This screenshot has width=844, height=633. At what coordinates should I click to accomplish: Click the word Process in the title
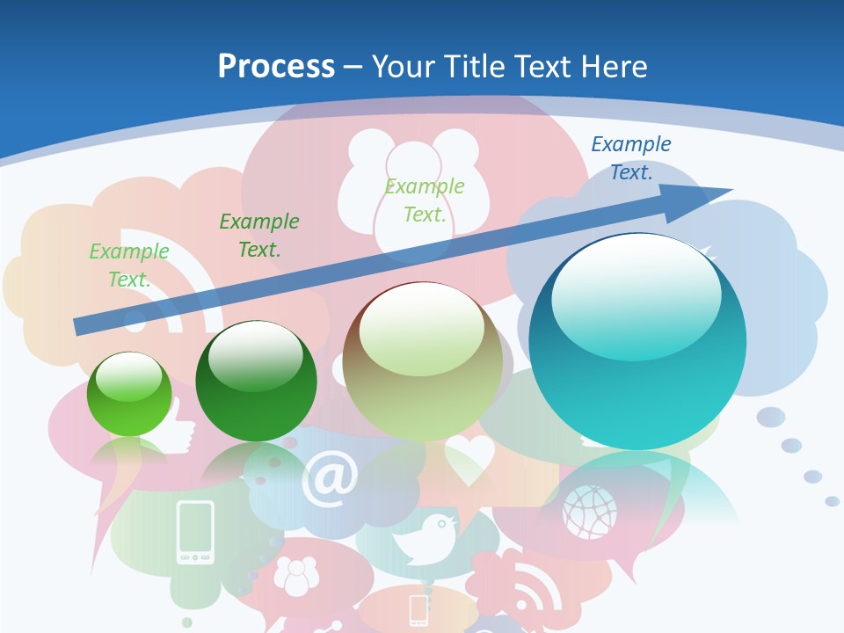276,66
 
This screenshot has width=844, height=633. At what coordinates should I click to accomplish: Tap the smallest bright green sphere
129,394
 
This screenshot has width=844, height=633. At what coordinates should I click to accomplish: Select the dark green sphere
256,382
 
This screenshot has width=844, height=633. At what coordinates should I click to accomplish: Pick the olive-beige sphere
423,360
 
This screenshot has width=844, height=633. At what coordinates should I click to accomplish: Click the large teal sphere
637,341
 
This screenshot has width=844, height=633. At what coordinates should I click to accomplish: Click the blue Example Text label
630,158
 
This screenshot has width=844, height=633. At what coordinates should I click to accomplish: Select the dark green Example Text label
259,235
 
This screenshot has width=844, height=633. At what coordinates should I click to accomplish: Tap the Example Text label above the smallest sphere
129,265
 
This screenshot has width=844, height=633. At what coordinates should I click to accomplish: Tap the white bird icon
428,538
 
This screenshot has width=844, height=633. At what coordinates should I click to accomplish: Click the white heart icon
469,459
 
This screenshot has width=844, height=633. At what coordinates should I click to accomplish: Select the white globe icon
590,511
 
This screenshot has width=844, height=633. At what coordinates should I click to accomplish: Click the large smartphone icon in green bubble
195,532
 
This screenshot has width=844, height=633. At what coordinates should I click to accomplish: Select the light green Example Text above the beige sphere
425,200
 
